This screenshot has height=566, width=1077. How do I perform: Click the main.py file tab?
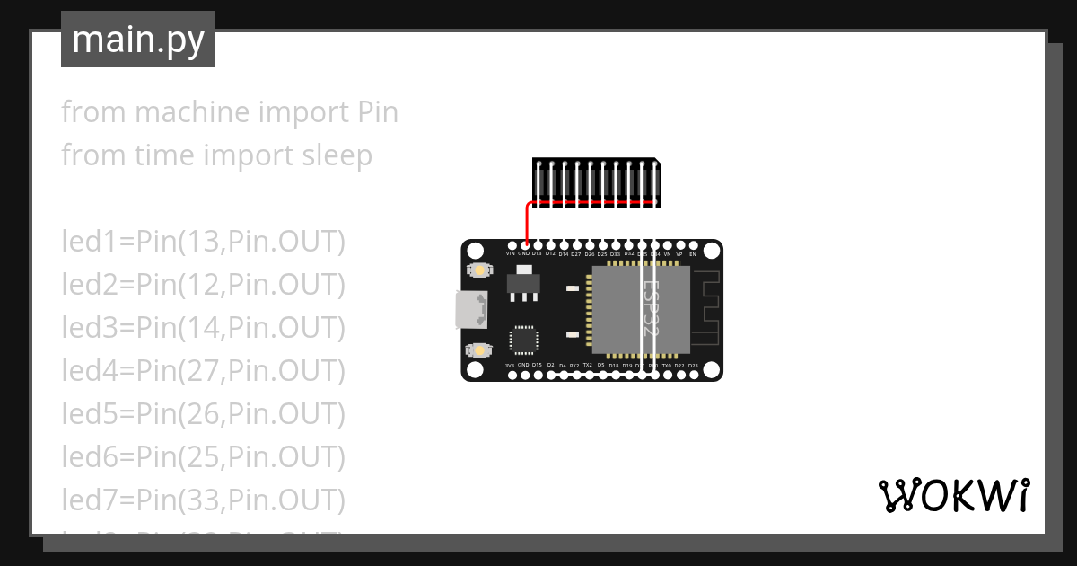[x=138, y=40]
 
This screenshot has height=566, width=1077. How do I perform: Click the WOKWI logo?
[x=953, y=496]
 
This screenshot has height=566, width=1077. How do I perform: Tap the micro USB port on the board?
[x=469, y=310]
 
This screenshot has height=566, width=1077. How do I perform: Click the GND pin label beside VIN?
[x=523, y=254]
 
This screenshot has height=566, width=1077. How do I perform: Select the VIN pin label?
[x=511, y=254]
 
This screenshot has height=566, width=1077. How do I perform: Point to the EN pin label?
[x=693, y=254]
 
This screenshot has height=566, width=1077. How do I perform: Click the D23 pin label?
[x=693, y=366]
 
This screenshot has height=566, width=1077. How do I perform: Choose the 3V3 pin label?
[x=510, y=366]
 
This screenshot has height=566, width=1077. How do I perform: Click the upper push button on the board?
[x=480, y=270]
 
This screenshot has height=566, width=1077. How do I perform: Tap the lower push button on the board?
[x=480, y=349]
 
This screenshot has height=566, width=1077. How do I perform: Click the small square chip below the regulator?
[x=524, y=340]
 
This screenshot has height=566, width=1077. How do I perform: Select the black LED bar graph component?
[x=597, y=182]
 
